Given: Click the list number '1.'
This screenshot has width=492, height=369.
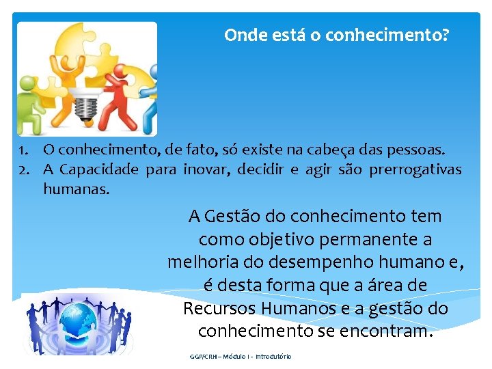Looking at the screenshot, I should point(24,149).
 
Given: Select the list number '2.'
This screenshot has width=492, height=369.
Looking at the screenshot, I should point(24,169).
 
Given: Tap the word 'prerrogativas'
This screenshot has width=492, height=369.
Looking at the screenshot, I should point(415,169).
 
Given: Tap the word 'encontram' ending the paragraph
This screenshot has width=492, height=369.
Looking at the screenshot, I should point(388,331).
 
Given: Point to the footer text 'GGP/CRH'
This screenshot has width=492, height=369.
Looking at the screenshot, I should point(202,357).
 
